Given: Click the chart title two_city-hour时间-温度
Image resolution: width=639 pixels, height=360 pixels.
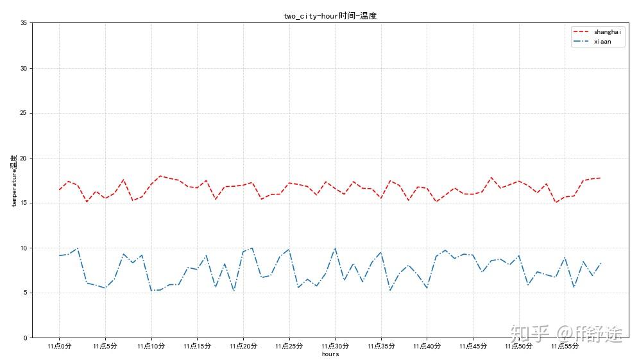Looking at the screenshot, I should pyautogui.click(x=330, y=16).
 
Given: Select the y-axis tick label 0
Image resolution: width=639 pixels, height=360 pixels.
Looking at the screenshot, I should pyautogui.click(x=25, y=338).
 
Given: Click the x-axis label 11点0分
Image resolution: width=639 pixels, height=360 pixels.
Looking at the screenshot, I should pyautogui.click(x=59, y=346).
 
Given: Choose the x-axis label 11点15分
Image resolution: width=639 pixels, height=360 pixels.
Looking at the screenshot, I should pyautogui.click(x=197, y=346).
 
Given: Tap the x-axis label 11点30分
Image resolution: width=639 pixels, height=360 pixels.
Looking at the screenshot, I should pyautogui.click(x=335, y=346).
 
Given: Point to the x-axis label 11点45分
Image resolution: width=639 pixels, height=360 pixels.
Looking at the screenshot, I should pyautogui.click(x=473, y=346).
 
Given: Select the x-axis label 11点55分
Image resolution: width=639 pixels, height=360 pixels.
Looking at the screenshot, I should pyautogui.click(x=565, y=346).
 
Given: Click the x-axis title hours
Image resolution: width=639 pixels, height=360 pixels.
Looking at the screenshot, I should pyautogui.click(x=330, y=354).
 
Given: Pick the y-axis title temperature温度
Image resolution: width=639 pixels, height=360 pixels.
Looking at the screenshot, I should pyautogui.click(x=13, y=180).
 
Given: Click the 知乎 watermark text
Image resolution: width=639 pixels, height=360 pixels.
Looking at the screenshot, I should pyautogui.click(x=530, y=333).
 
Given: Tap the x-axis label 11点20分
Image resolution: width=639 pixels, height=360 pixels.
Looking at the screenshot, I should pyautogui.click(x=243, y=346).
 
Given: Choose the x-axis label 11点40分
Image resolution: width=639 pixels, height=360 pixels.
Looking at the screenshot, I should pyautogui.click(x=427, y=346).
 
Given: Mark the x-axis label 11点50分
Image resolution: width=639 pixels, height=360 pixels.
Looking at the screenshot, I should pyautogui.click(x=518, y=346).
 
